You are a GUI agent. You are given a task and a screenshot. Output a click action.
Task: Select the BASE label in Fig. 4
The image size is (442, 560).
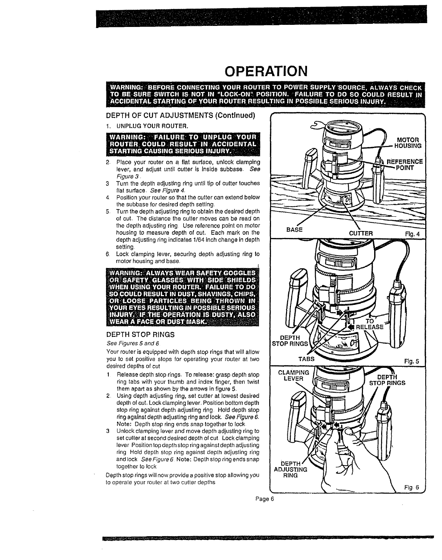pyautogui.click(x=294, y=230)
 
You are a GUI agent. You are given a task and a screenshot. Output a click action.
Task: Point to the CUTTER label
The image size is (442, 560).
pyautogui.click(x=361, y=233)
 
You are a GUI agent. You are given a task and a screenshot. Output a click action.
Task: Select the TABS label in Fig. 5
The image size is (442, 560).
pyautogui.click(x=306, y=359)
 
